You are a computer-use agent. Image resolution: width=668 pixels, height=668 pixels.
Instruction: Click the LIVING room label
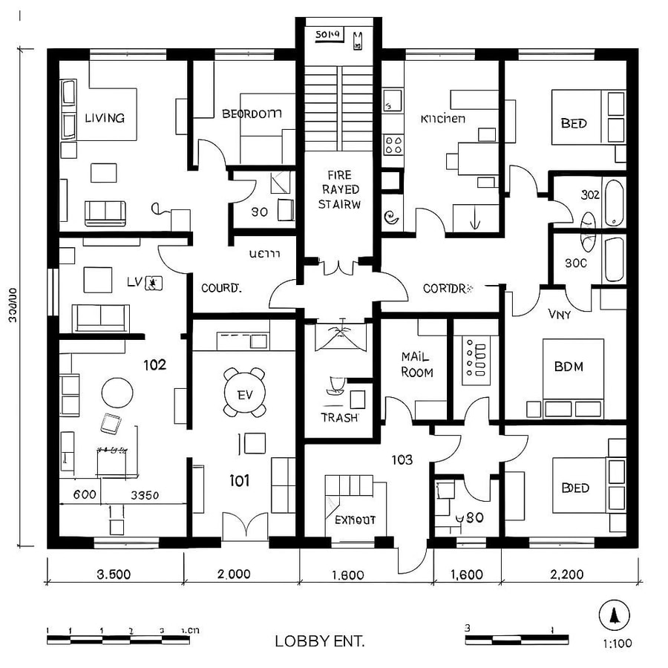coord(105,117)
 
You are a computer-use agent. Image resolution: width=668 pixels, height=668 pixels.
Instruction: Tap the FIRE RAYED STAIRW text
coord(339,189)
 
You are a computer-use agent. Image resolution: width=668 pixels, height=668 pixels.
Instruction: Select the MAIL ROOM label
coord(416,364)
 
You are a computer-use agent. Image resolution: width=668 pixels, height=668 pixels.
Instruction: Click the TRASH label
coord(339,417)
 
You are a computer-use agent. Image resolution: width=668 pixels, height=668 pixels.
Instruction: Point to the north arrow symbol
coord(614,615)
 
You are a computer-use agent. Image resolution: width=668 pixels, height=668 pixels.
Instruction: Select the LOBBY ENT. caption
coord(319,641)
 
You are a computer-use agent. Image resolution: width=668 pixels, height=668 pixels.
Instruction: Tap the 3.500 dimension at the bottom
coord(115,574)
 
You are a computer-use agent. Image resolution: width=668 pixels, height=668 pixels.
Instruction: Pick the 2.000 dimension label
coord(233,574)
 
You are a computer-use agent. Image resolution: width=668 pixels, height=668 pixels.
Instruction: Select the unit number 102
coord(154,365)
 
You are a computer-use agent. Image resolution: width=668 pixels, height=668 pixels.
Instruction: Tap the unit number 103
coord(402,460)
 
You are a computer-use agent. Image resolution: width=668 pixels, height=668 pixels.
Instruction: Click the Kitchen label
coord(443,119)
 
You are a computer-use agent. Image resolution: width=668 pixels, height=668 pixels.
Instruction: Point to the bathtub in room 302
coord(614,201)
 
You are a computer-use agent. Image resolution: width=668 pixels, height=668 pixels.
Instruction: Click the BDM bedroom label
coord(569,366)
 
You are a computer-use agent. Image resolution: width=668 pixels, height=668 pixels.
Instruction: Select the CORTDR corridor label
coord(448,288)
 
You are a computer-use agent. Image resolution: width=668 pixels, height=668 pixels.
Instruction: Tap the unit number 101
coord(239,481)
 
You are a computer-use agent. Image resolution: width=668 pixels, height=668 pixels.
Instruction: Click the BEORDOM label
coord(252,114)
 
